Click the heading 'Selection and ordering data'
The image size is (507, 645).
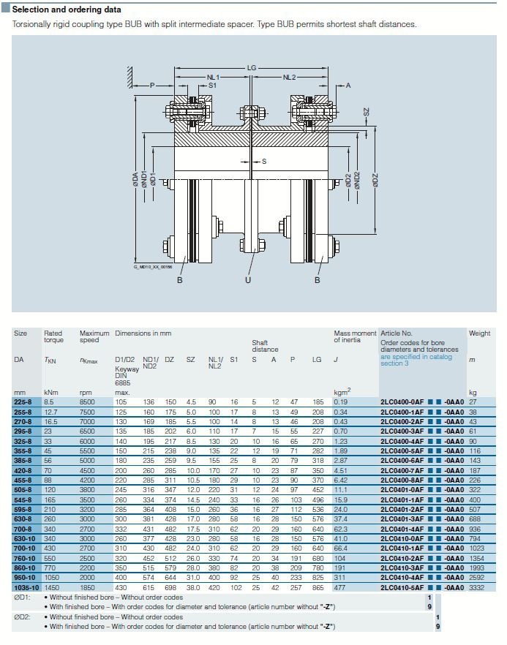click(67, 10)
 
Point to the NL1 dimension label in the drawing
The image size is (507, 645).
click(213, 77)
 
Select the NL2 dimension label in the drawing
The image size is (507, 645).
click(289, 77)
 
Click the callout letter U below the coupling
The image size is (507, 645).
click(248, 279)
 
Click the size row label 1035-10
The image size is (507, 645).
click(26, 586)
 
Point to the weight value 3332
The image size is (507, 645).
click(478, 586)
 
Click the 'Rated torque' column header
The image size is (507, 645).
click(53, 336)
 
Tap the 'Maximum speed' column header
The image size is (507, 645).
click(94, 336)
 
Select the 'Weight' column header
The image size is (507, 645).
click(479, 333)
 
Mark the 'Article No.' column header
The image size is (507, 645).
click(397, 333)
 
